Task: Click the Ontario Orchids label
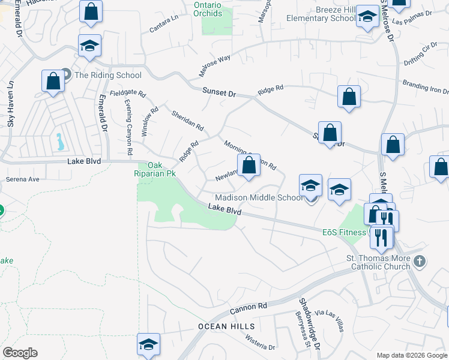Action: click(208, 9)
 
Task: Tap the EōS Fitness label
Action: click(344, 232)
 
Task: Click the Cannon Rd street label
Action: click(248, 308)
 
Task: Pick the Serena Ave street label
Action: click(22, 179)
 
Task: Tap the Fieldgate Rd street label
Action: click(128, 94)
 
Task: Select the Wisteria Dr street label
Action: click(259, 343)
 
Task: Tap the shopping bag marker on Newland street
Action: click(249, 165)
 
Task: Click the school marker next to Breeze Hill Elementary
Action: click(367, 17)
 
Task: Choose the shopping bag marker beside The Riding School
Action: click(53, 82)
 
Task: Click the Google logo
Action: click(20, 353)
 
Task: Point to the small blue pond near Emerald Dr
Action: click(60, 142)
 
